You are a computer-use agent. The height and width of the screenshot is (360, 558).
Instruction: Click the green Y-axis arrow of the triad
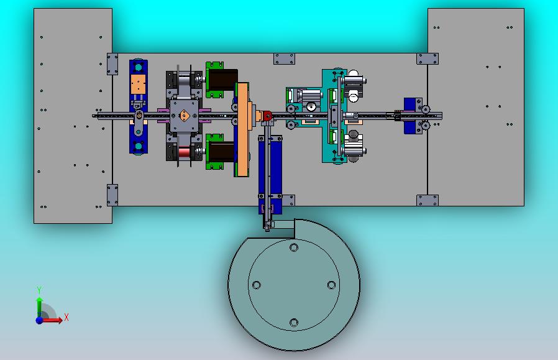tap(40, 308)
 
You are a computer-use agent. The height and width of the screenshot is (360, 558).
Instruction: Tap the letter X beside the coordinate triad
tap(66, 317)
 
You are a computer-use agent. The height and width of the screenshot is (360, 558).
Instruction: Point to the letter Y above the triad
tap(39, 290)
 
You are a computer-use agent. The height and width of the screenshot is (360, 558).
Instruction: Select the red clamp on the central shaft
tap(267, 116)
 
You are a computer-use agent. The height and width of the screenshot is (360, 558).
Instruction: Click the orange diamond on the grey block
tap(184, 116)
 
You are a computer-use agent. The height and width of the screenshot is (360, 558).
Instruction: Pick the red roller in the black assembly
tap(185, 152)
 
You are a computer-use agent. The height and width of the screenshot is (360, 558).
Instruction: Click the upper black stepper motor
tap(222, 80)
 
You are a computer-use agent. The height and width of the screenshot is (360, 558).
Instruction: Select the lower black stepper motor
tap(221, 151)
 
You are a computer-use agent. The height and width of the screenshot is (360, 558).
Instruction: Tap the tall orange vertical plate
tap(243, 129)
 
